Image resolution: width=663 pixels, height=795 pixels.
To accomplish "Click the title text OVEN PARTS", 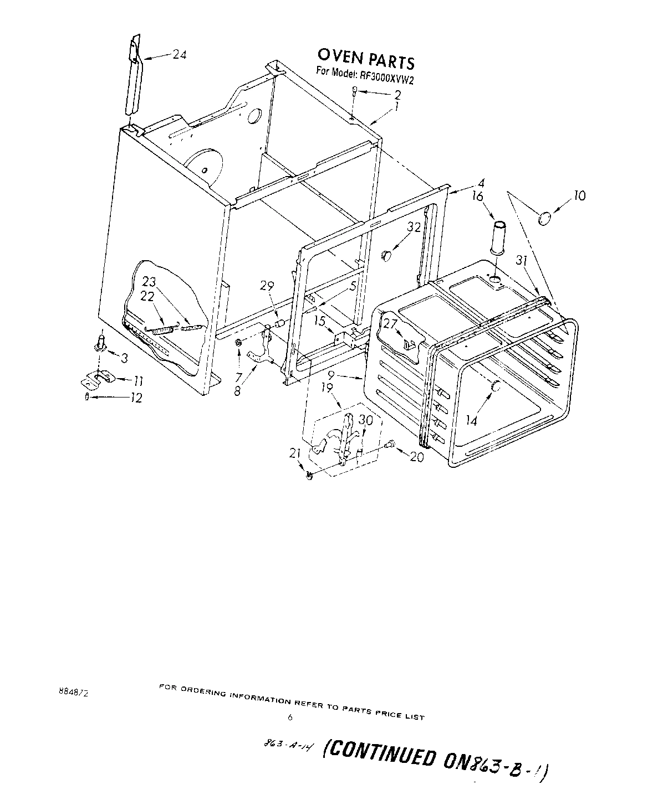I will (x=365, y=58).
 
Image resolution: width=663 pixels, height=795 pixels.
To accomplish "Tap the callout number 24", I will (x=179, y=54).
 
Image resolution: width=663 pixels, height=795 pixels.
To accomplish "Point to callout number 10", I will (x=579, y=195).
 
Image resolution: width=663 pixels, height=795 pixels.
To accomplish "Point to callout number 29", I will (x=267, y=286).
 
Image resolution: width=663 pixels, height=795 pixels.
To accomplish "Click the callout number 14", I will (x=471, y=421).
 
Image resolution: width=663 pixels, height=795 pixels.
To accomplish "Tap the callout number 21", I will (x=295, y=454).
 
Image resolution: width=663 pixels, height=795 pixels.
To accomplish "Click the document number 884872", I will (x=72, y=692).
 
